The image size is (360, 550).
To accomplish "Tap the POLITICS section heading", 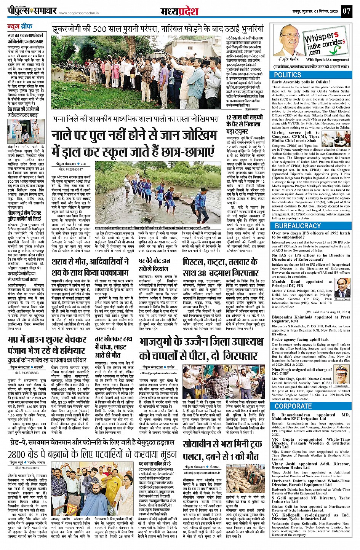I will (x=288, y=75).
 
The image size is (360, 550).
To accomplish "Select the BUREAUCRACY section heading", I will (x=298, y=226).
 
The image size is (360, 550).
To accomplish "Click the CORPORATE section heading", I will (x=293, y=406).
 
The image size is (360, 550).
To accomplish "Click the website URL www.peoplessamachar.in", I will (x=82, y=13).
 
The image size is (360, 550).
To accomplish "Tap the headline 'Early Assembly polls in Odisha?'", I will (x=301, y=82).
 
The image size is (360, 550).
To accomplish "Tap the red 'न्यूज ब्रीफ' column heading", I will (x=19, y=27).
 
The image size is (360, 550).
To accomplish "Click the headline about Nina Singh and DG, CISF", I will (x=302, y=371).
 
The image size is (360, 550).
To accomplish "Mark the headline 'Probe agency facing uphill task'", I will (x=300, y=340).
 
